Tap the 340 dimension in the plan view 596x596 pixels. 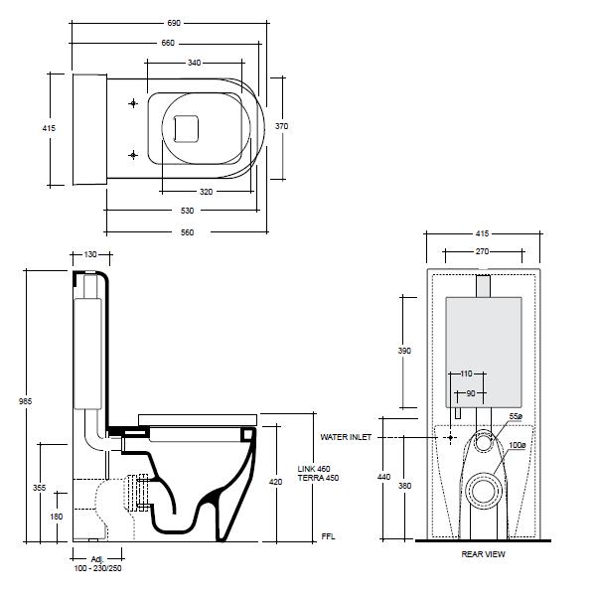[x=194, y=63]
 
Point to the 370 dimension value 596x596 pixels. [x=282, y=126]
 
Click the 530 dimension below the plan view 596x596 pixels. [x=188, y=211]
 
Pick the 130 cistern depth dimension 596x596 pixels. [x=91, y=255]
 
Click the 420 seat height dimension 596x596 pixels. [x=275, y=482]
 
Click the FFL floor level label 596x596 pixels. [x=327, y=536]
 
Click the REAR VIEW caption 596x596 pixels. [x=483, y=554]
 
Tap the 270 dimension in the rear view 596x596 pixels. [x=483, y=252]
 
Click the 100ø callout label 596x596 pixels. [x=517, y=445]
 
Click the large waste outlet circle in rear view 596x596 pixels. [x=483, y=489]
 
